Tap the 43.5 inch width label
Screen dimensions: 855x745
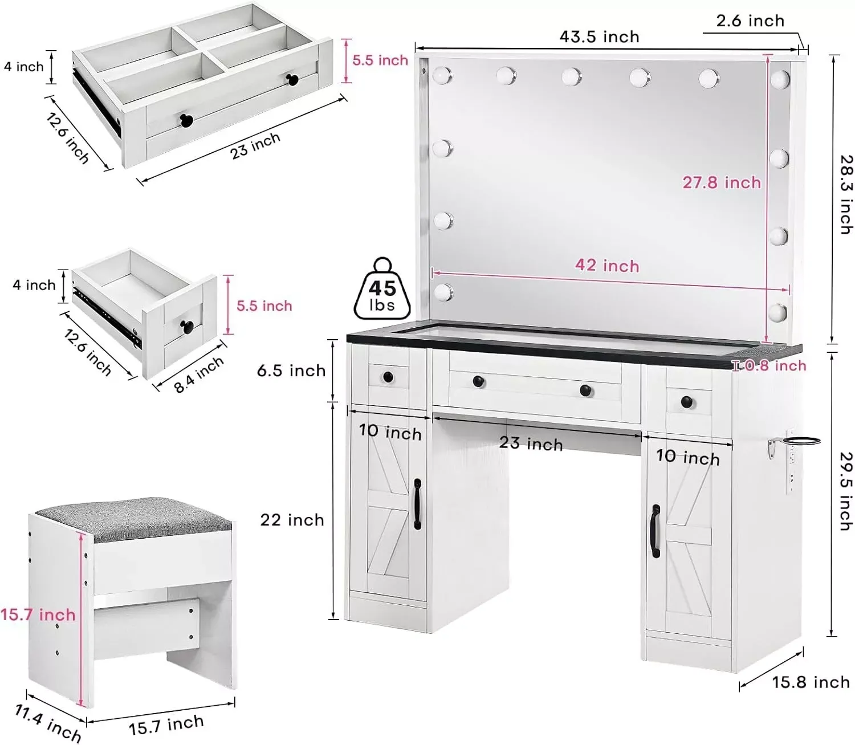pos(599,37)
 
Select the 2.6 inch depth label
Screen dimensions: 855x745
pos(750,21)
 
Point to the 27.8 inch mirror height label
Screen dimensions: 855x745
pos(722,182)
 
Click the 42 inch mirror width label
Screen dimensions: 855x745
pos(607,265)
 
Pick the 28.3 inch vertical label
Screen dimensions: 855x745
pos(846,194)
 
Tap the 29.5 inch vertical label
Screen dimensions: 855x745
pos(846,491)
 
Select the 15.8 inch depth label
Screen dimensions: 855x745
pos(811,682)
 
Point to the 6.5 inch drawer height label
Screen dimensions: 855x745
pos(291,371)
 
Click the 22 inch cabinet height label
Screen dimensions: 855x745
pos(292,520)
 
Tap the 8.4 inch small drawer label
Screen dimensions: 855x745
pos(198,375)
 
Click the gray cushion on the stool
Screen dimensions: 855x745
pos(133,520)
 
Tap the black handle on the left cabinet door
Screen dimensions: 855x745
pos(417,504)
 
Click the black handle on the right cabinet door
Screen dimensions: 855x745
pos(655,531)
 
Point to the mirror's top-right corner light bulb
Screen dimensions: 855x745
pos(779,79)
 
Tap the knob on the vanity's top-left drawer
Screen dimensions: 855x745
pos(388,376)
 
